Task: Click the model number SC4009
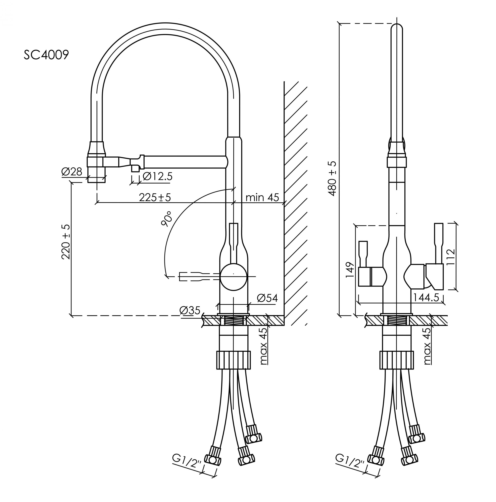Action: coord(46,55)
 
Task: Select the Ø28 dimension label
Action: coord(72,171)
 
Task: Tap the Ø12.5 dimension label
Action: coord(157,177)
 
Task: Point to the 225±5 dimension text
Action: coord(155,197)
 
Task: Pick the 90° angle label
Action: coord(166,219)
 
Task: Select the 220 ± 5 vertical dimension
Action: coord(66,242)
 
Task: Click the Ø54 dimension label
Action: coord(267,298)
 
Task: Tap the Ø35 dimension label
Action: coord(190,310)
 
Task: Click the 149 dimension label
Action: coord(350,270)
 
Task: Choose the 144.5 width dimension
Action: coord(426,297)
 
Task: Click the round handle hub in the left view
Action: coord(233,277)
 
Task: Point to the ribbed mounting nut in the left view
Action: coord(233,360)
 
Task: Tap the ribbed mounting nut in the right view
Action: coord(396,360)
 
